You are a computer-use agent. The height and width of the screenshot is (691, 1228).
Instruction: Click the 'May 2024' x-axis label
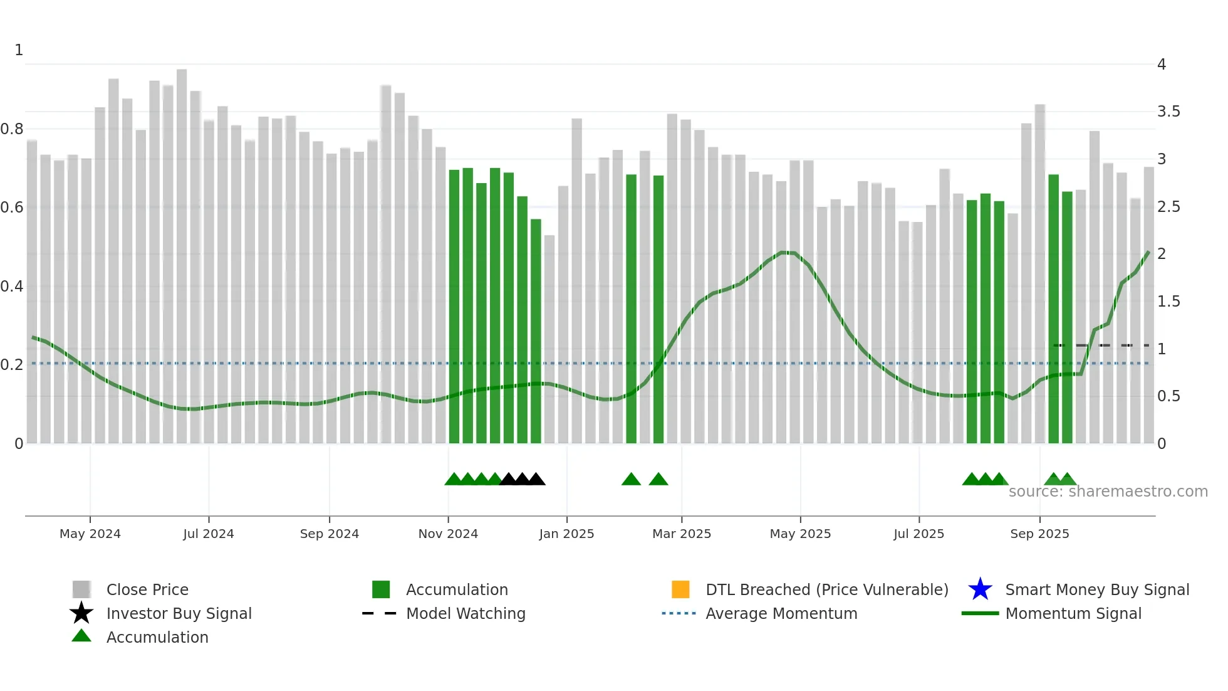click(x=90, y=534)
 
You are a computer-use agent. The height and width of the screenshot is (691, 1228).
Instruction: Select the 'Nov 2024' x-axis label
click(x=448, y=534)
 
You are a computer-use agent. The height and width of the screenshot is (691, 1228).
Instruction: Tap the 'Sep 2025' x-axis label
click(x=1039, y=534)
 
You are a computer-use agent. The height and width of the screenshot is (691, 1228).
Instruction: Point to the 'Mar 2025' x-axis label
click(x=682, y=534)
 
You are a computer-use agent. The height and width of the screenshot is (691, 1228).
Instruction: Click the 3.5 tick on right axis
click(x=1168, y=112)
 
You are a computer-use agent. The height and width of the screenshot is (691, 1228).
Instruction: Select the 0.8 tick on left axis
click(x=12, y=129)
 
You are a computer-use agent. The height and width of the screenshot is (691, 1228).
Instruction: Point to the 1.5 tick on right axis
click(x=1168, y=302)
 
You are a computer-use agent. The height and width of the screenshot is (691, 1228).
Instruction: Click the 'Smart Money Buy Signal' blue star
click(x=980, y=589)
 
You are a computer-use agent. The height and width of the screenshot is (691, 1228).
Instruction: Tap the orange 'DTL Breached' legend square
click(x=680, y=589)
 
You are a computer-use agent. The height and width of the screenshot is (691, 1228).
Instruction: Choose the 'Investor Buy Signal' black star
click(x=81, y=613)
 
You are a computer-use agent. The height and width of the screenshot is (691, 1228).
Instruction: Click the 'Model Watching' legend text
click(x=466, y=613)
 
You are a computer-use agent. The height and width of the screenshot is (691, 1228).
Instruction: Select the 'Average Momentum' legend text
click(x=781, y=613)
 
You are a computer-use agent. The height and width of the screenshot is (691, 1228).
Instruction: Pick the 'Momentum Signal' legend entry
click(x=1073, y=613)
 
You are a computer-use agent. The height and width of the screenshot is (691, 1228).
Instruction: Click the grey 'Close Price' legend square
click(x=81, y=589)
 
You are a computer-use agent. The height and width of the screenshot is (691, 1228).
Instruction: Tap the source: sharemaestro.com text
click(x=1108, y=492)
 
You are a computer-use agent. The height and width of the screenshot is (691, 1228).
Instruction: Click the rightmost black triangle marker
click(x=536, y=480)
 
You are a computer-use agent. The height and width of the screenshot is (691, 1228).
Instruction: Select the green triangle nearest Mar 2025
click(x=658, y=480)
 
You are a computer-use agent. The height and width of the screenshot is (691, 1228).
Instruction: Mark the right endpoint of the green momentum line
click(x=1148, y=252)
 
